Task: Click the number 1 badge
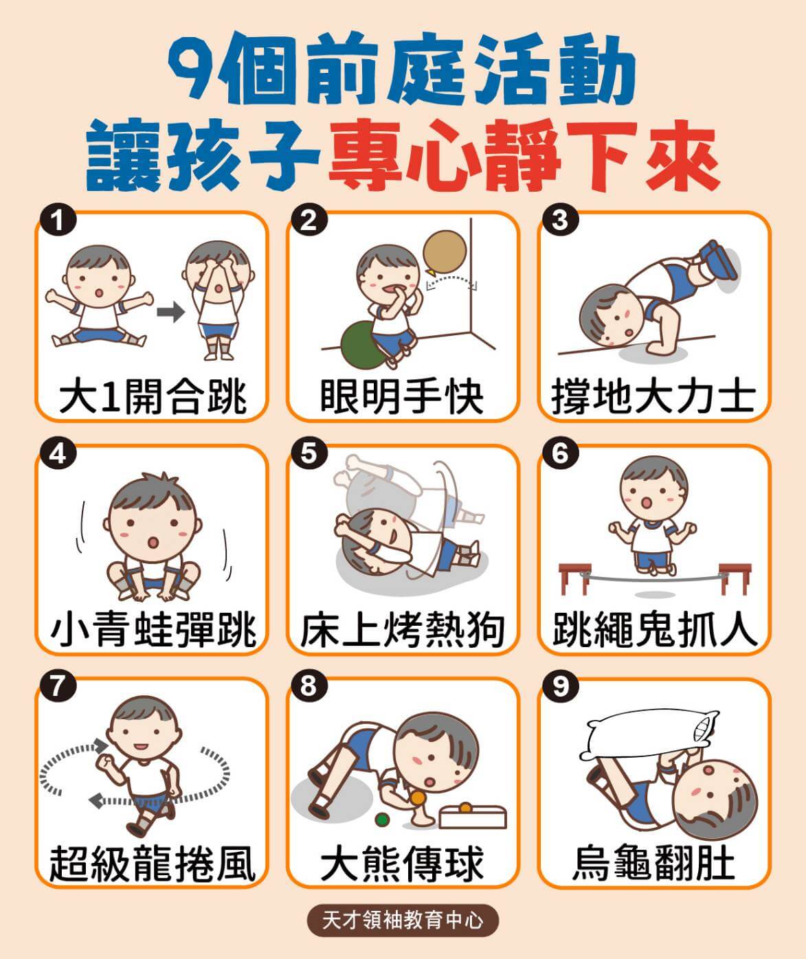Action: (58, 220)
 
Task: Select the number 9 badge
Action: (560, 686)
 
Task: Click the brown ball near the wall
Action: (445, 251)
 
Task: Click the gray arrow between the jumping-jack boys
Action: (170, 313)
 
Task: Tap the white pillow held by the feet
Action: (649, 734)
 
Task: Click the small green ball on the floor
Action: (382, 819)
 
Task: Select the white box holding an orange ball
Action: (472, 817)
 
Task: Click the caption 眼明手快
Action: (401, 396)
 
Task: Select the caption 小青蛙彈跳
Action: (153, 630)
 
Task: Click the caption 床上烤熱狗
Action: (403, 630)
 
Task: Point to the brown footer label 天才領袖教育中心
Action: (403, 920)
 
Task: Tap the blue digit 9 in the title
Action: (193, 69)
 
